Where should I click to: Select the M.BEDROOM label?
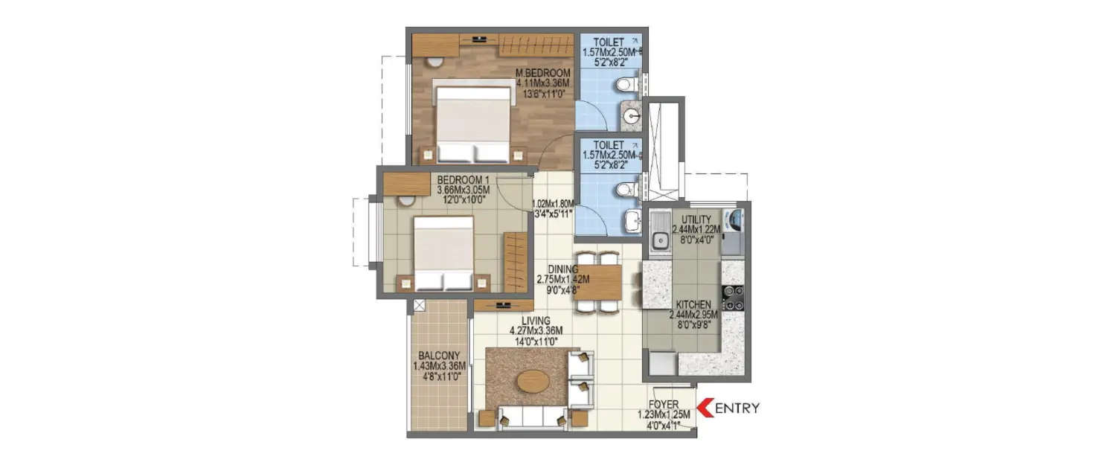coord(543,73)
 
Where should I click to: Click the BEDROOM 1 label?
coord(463,180)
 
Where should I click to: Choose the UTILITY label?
coord(696,219)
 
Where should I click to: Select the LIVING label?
coord(535,321)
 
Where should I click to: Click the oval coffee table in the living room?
coord(533,382)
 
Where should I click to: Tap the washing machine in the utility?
coord(735,219)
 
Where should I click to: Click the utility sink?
coord(658,240)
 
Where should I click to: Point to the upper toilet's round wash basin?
coord(632,117)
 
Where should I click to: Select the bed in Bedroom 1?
coord(443,253)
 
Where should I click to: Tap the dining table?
coord(600,282)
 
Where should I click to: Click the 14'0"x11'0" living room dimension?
coord(535,341)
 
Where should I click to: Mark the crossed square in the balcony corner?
coord(418,304)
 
